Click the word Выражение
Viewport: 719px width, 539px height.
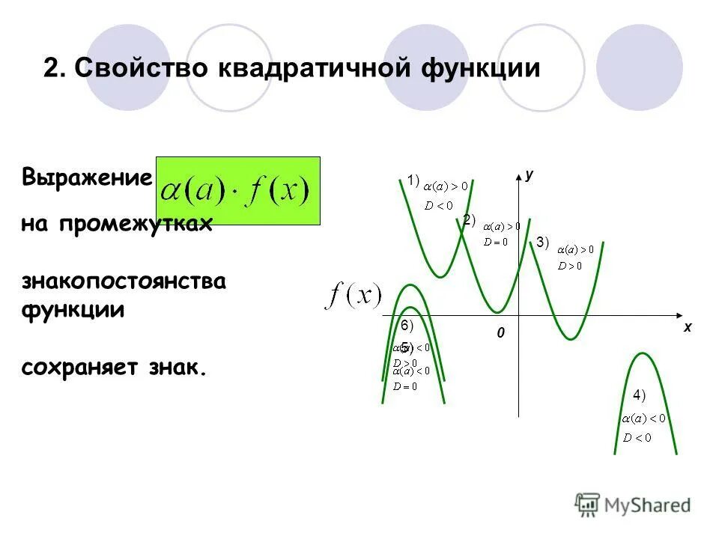point(87,178)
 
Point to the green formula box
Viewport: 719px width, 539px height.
point(237,191)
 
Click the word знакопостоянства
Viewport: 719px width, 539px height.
point(124,282)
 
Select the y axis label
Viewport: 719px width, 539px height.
point(530,174)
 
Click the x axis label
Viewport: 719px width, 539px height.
point(687,327)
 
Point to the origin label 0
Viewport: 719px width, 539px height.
point(502,332)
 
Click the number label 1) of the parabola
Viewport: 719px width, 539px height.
point(413,178)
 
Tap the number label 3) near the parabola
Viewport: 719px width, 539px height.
point(542,242)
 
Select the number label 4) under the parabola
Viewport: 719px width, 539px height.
point(639,395)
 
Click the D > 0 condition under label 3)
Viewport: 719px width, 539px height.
point(570,264)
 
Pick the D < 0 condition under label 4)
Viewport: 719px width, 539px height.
point(637,437)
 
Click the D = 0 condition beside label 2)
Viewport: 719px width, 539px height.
point(496,241)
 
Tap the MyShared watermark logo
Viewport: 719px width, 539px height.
point(634,504)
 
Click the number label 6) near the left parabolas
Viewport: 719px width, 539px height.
point(407,325)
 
